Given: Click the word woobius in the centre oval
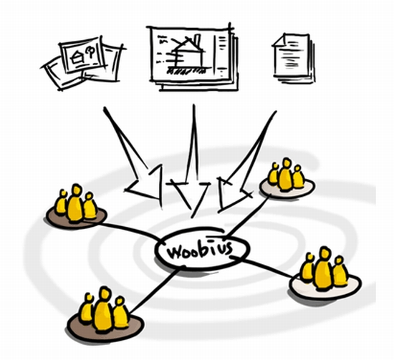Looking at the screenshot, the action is click(x=201, y=249).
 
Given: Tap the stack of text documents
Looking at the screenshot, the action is click(x=293, y=58).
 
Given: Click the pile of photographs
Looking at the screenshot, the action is click(x=83, y=63).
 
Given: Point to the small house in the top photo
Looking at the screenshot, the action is click(x=77, y=57).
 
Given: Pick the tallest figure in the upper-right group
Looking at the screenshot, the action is click(x=286, y=175).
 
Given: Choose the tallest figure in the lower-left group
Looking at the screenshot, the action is click(x=103, y=309).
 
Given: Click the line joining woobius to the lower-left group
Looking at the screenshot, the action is click(x=155, y=291).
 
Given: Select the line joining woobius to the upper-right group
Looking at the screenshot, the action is click(x=248, y=215).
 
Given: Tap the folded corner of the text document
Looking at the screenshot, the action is click(x=279, y=40).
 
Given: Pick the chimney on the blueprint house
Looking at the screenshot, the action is click(x=198, y=41).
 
